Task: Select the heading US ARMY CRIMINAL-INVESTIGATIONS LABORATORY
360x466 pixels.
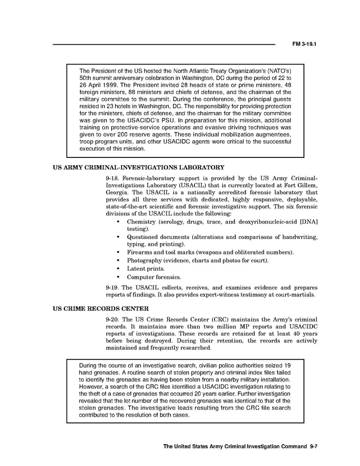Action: tap(139, 167)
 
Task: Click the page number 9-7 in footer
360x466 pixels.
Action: tap(313, 446)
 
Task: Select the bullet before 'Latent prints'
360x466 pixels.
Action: tap(119, 269)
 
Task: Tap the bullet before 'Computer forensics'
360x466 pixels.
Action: tap(119, 277)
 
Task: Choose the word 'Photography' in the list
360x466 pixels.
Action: tap(144, 260)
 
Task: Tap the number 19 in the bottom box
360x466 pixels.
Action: tap(287, 365)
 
